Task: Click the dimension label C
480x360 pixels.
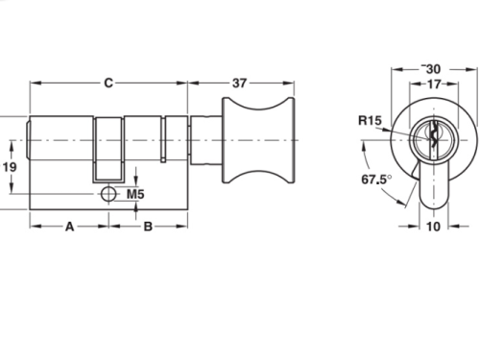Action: pos(108,83)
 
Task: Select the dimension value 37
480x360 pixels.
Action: pos(239,84)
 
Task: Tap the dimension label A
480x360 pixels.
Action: pos(69,227)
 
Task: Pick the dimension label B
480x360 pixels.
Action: pos(148,227)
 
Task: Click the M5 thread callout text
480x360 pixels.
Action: pos(135,194)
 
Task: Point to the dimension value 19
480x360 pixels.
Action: pos(10,167)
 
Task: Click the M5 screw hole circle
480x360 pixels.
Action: pos(108,194)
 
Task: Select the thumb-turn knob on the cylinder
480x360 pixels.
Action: pos(258,140)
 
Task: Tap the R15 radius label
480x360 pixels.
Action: pos(370,121)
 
